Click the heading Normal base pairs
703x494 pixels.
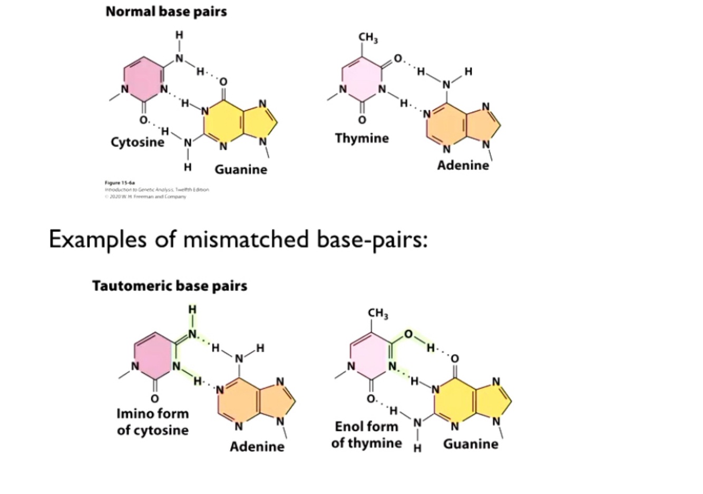pos(166,12)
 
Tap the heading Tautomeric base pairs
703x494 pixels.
pos(170,286)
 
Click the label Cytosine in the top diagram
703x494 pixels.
pos(137,142)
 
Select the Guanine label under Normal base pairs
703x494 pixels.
pos(241,170)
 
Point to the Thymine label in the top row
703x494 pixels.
pos(362,139)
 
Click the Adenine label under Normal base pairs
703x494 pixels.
pos(463,165)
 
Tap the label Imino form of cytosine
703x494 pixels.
pos(152,422)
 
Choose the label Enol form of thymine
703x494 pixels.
pos(366,434)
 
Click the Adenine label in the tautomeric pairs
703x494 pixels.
pos(257,447)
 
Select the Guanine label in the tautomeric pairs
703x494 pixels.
pos(471,444)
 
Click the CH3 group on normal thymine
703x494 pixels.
pos(368,38)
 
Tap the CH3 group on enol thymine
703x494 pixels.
pos(378,314)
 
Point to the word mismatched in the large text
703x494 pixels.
pos(246,240)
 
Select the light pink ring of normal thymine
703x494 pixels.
pos(362,83)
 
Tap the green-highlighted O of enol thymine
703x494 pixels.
pos(408,334)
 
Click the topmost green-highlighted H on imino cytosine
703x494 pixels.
pos(192,309)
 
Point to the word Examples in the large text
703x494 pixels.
pos(97,240)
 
